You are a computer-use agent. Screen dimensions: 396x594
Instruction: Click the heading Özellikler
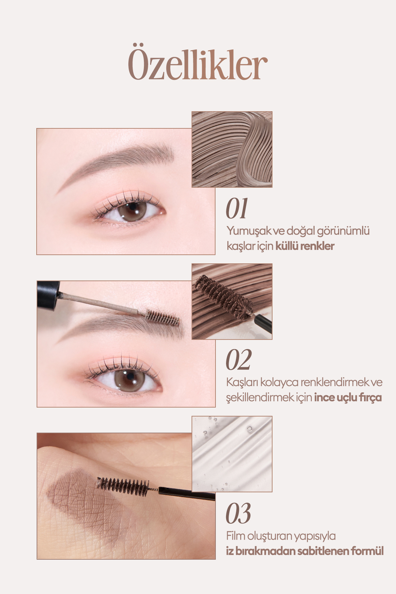(197, 64)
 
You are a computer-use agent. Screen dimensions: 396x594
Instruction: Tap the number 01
(237, 209)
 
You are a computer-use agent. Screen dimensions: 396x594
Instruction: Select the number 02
(239, 360)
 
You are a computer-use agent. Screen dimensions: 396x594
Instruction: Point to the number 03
(238, 513)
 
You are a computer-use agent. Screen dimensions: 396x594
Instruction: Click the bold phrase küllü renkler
(305, 246)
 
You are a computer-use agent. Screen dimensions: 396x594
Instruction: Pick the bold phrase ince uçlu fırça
(348, 397)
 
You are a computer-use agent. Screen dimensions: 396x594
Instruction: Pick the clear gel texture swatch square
(232, 454)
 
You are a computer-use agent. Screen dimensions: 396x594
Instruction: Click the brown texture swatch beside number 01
(232, 149)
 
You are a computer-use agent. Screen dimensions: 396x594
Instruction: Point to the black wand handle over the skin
(187, 494)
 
